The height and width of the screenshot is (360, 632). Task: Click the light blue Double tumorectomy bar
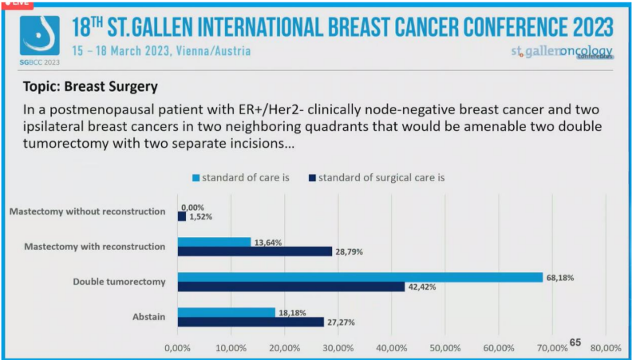coord(359,277)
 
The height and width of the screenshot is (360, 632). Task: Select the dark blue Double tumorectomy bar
coord(290,287)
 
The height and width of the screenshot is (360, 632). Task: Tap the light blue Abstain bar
coord(226,312)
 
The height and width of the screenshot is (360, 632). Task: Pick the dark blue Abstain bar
coord(251,322)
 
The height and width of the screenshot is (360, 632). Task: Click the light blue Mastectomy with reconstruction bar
coord(214,242)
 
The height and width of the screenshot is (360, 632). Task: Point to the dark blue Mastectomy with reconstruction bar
coord(255,251)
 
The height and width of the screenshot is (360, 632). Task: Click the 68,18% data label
coord(559,277)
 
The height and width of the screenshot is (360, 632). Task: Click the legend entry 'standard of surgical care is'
coord(380,177)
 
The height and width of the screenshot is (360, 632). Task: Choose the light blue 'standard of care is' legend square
coord(195,177)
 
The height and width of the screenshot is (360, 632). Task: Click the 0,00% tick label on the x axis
coord(176,348)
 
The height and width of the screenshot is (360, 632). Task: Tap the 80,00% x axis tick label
coord(606,348)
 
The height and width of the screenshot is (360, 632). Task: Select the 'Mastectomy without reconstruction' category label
coord(88,212)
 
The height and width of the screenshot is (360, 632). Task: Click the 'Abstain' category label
coord(148,317)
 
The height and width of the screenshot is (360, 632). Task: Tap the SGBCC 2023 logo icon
coord(39,36)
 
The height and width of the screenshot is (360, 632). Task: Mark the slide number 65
coord(575,342)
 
